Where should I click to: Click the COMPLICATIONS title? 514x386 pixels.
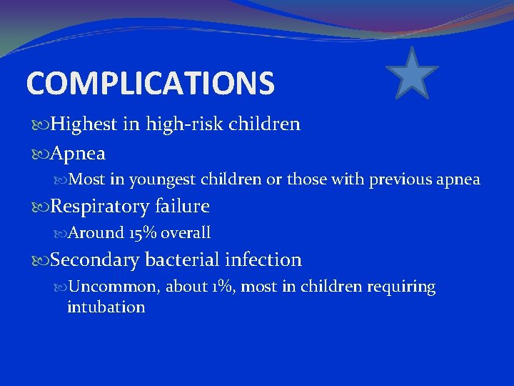point(150,83)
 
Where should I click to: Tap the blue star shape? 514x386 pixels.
point(412,73)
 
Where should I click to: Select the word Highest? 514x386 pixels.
point(84,124)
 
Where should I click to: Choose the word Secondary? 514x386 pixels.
point(95,260)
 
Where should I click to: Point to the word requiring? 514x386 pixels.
point(401,287)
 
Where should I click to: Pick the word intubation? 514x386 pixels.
point(106,307)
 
